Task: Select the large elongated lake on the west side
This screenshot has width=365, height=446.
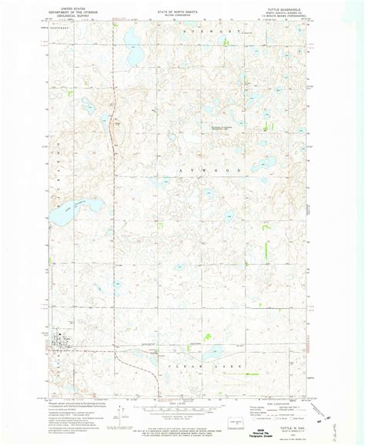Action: pos(88,206)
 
